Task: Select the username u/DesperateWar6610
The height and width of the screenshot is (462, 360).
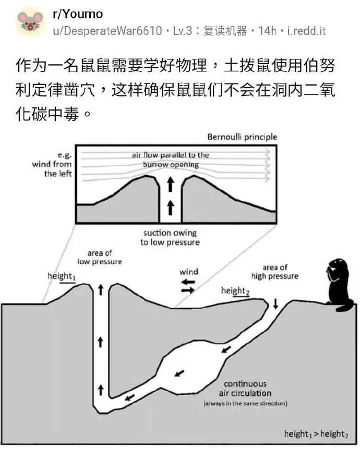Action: (107, 31)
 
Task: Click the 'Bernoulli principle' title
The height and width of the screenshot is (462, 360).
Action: (242, 137)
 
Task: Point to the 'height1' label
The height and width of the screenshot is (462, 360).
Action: (62, 276)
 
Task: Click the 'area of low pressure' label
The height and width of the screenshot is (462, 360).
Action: (100, 257)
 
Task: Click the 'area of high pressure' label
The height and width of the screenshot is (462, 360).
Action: (274, 272)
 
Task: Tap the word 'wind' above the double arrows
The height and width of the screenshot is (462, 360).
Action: (189, 272)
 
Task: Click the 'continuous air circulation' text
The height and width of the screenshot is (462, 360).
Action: (245, 388)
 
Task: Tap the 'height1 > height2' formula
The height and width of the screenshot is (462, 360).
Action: (316, 434)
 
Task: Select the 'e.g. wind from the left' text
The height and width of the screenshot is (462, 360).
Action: (58, 164)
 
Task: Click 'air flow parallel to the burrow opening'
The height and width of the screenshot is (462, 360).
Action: (171, 160)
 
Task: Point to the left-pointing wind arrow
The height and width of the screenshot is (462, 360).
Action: (188, 282)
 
